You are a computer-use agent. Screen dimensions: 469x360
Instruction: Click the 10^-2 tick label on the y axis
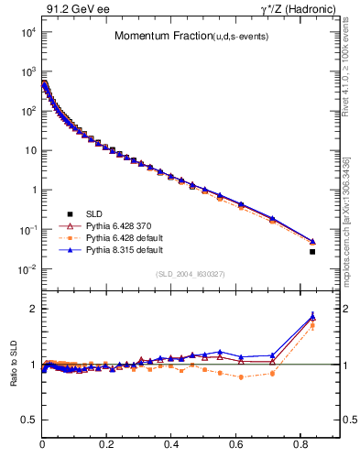pyautogui.click(x=27, y=269)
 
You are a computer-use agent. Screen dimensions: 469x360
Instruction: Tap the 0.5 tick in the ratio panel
pyautogui.click(x=28, y=420)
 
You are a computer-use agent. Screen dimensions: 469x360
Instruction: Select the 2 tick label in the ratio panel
pyautogui.click(x=32, y=309)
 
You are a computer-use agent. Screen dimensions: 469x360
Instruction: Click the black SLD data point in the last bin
pyautogui.click(x=312, y=252)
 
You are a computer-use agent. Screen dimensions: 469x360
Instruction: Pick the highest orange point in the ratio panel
pyautogui.click(x=312, y=325)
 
